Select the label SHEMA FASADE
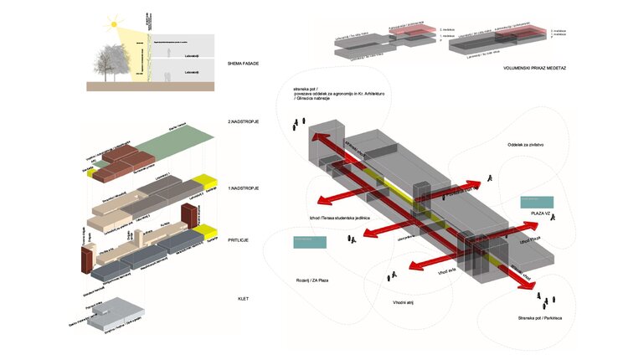click(242, 64)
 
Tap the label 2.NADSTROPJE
click(243, 122)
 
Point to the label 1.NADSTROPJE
click(243, 188)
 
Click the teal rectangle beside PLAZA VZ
click(535, 202)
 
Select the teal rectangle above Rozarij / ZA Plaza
click(309, 243)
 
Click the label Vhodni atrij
click(407, 302)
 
